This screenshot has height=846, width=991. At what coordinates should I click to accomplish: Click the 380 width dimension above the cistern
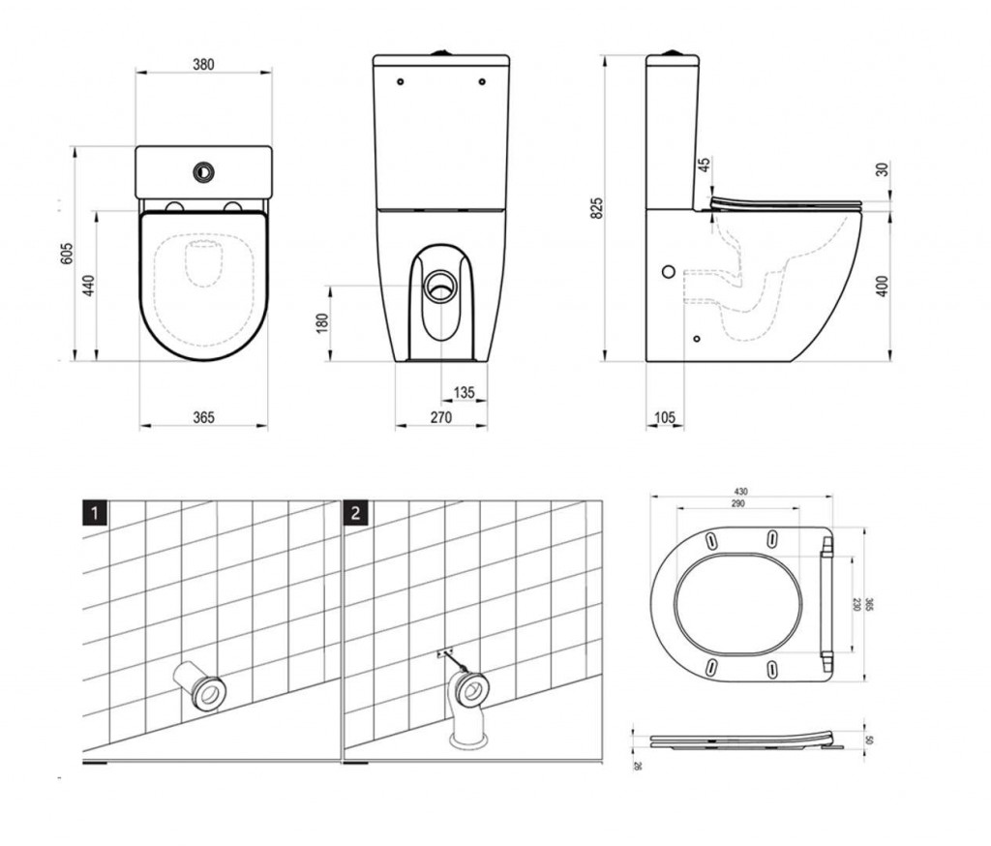[203, 65]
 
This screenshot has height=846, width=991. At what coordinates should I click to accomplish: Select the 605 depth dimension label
[67, 254]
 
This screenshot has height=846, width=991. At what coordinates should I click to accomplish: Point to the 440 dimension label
[89, 286]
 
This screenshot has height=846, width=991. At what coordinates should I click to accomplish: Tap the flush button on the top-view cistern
[203, 168]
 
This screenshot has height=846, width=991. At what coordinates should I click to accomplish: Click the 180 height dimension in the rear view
[322, 322]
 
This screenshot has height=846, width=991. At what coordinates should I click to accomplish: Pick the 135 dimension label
[465, 393]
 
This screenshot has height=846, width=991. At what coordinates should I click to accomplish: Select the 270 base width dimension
[440, 418]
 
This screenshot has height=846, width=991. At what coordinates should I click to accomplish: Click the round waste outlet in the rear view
[441, 287]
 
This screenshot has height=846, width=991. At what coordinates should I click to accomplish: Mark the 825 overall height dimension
[597, 207]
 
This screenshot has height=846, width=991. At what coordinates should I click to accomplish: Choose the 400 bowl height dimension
[882, 286]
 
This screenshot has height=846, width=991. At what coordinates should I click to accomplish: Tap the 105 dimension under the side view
[665, 418]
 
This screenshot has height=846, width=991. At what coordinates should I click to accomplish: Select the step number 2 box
[355, 513]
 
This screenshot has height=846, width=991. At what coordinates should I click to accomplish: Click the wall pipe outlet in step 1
[204, 690]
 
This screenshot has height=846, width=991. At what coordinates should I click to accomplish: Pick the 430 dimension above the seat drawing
[739, 492]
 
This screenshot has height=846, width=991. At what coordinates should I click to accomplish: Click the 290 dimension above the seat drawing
[739, 504]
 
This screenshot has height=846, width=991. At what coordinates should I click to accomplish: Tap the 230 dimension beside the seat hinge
[856, 603]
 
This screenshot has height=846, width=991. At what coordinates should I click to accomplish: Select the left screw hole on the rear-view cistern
[401, 82]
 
